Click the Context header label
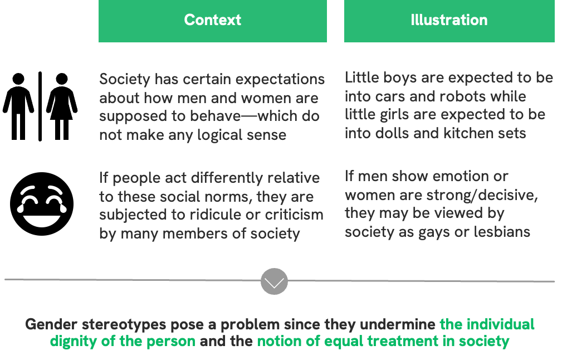click(x=212, y=20)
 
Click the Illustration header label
click(x=449, y=20)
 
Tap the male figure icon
click(x=18, y=106)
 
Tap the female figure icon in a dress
click(x=62, y=106)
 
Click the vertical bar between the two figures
click(x=40, y=106)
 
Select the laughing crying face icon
click(x=42, y=204)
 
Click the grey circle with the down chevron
click(x=274, y=281)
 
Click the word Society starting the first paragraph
click(x=125, y=80)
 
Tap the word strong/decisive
click(x=482, y=196)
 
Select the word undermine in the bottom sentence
click(x=398, y=324)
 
